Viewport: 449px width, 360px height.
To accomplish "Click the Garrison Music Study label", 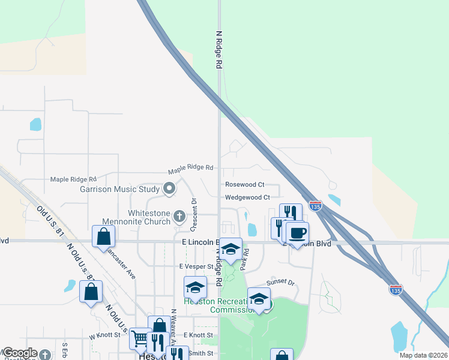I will pos(119,190).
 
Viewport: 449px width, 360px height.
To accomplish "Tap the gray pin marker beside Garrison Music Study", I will pos(169,190).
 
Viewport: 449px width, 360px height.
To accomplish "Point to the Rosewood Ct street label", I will pos(244,185).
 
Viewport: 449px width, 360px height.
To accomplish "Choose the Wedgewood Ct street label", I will pos(247,197).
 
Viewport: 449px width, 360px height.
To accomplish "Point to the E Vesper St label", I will pos(196,266).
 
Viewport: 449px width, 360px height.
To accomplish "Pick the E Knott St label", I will pos(198,335).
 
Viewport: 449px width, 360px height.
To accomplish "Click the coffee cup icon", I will pos(297,233).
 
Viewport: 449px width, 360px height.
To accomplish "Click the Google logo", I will pos(20,353).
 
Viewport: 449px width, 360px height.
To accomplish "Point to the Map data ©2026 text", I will pos(423,355).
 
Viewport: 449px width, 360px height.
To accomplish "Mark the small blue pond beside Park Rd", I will pos(252,229).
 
